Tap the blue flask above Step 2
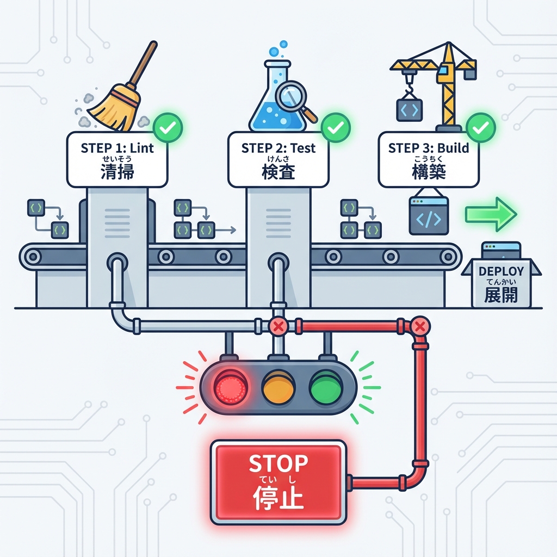pos(272,109)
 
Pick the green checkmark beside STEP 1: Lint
pos(168,128)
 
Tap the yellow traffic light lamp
pos(278,387)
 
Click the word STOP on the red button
pos(278,463)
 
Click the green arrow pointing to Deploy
pos(490,214)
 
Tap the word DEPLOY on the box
pos(501,271)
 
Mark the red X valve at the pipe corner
pos(419,326)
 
